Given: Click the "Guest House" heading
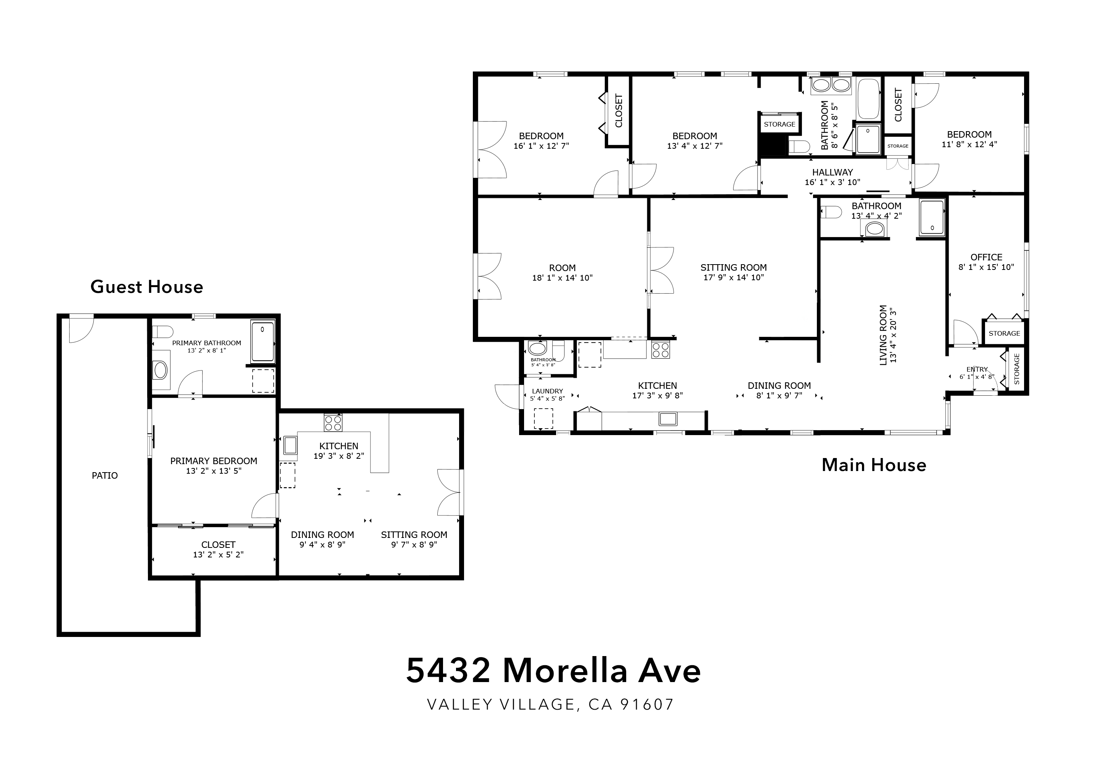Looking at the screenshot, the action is [x=146, y=287].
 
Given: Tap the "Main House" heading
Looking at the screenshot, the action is [x=874, y=465].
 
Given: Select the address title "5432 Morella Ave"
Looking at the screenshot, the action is [x=553, y=670].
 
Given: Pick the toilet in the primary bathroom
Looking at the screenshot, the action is [x=162, y=332].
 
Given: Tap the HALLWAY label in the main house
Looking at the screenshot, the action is [x=832, y=172].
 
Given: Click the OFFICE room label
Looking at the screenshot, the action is [x=986, y=257].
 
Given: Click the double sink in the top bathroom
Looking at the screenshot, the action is [x=831, y=85].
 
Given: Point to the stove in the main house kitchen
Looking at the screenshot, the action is [x=661, y=349].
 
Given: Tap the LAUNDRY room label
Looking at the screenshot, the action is [x=547, y=391].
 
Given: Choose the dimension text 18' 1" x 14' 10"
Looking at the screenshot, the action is [x=562, y=278].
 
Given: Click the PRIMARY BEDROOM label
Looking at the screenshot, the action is [x=214, y=461].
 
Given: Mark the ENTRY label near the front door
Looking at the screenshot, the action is [x=977, y=369].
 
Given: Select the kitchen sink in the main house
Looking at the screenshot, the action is [x=668, y=419].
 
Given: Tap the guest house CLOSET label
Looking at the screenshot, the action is [x=218, y=545].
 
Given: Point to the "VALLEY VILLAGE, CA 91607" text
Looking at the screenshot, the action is [x=550, y=704].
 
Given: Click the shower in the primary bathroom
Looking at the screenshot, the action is [x=263, y=341].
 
